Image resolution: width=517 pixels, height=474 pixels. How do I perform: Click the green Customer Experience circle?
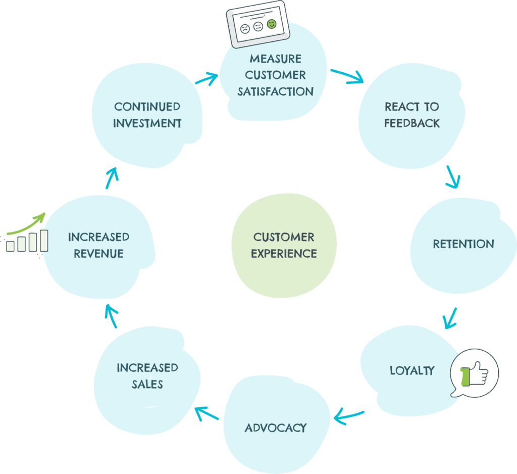[284, 245]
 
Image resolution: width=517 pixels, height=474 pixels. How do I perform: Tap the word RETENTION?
[463, 244]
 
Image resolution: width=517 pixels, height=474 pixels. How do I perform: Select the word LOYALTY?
[412, 370]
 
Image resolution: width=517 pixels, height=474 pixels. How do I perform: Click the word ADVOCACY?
[276, 428]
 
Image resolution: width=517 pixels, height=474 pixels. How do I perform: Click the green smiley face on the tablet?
[272, 24]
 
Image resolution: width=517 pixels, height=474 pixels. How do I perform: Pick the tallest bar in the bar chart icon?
[44, 240]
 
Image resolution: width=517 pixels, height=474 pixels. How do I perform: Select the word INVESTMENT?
[147, 123]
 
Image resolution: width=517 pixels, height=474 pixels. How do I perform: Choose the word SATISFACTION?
[276, 91]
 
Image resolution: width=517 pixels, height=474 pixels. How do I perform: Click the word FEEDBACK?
[412, 123]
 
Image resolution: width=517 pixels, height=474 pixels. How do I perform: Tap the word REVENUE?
[98, 254]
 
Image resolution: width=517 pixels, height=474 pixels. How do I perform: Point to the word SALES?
[147, 384]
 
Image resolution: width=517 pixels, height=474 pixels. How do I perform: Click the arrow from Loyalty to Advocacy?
[348, 417]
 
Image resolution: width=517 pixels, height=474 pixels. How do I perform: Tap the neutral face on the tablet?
[258, 27]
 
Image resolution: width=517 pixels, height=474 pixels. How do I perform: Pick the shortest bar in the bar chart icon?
[11, 246]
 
